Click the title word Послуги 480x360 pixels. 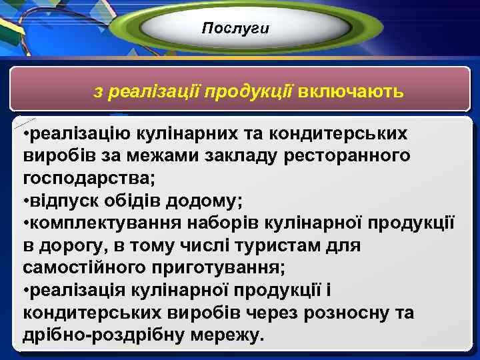tap(235, 28)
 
